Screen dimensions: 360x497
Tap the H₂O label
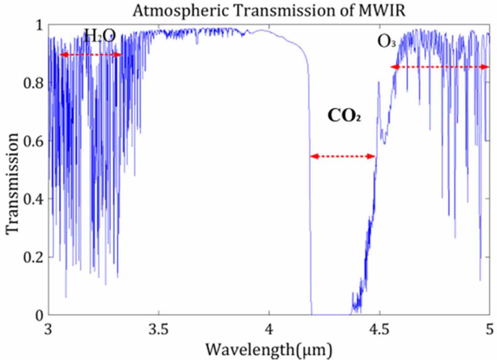click(x=100, y=36)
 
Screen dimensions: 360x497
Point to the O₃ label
click(x=387, y=43)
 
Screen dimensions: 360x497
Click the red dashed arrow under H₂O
click(x=90, y=55)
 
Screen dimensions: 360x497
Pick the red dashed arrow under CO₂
click(x=343, y=156)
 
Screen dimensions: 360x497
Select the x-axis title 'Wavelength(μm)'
click(x=269, y=348)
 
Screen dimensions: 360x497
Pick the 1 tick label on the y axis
click(x=38, y=25)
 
